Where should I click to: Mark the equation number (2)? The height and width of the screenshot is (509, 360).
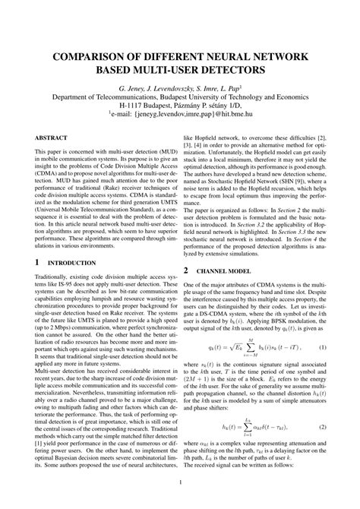tap(321, 406)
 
